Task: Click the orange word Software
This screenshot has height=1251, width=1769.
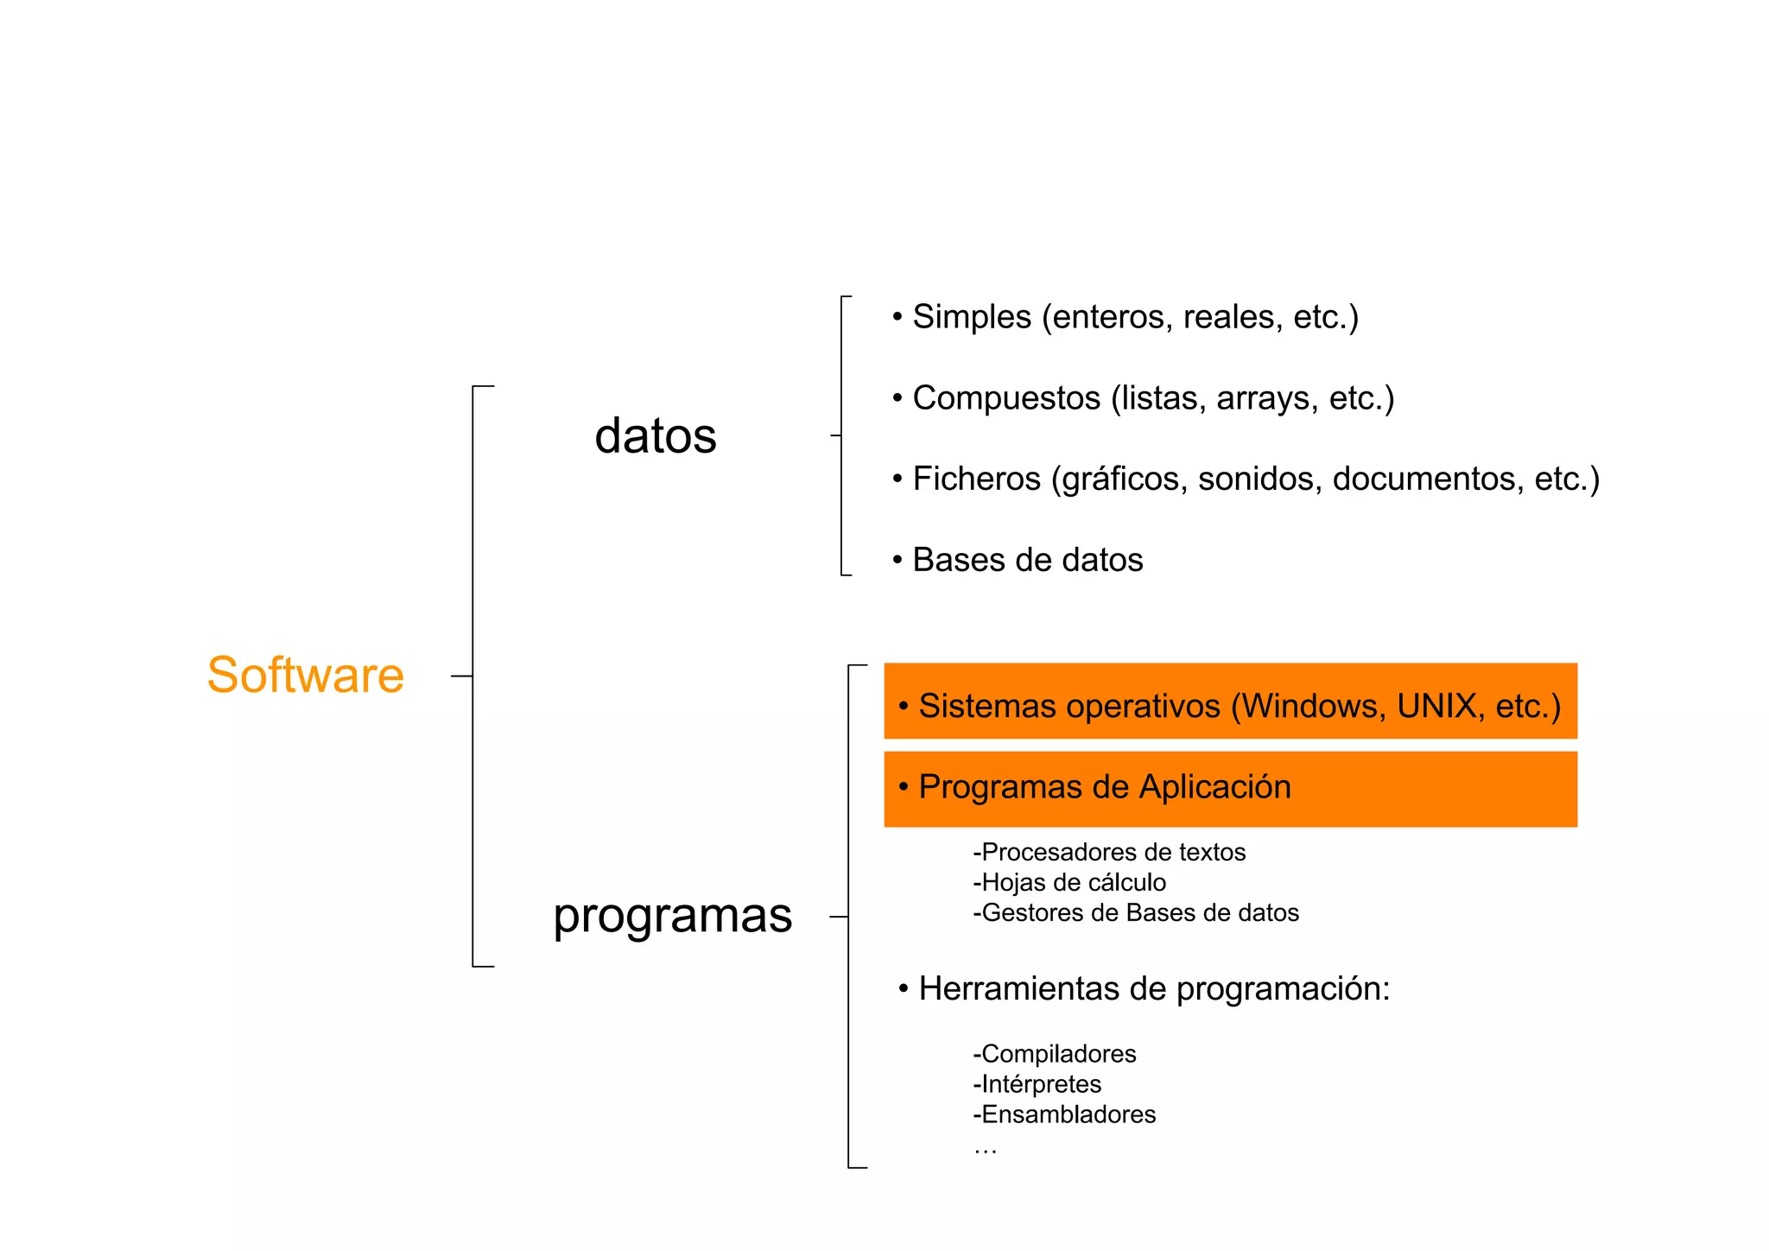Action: [305, 675]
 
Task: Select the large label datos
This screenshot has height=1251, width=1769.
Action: [656, 435]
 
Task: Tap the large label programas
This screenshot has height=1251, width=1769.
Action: [672, 915]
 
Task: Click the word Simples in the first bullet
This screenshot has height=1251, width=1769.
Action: [972, 317]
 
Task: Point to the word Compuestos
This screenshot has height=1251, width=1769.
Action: [1006, 398]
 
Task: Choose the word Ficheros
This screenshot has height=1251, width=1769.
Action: [976, 479]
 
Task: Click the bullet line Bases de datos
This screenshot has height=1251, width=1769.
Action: [1027, 560]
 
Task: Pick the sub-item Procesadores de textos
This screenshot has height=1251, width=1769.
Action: [1109, 853]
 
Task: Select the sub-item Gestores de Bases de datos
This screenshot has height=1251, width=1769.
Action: [1136, 913]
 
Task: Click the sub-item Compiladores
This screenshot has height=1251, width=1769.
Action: [1055, 1054]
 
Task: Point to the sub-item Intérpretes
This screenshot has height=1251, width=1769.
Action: [1037, 1084]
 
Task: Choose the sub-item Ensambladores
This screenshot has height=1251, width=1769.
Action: [1064, 1114]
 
